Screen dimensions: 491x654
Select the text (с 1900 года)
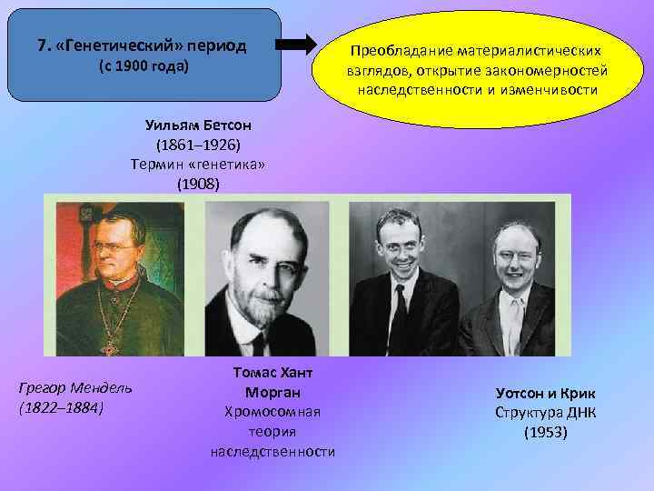click(x=143, y=68)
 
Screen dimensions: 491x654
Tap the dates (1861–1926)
click(x=198, y=145)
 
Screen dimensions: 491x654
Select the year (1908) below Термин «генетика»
click(x=198, y=184)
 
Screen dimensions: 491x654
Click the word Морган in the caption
click(x=272, y=392)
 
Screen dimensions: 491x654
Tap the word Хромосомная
click(x=272, y=411)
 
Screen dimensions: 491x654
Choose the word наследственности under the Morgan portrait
click(x=272, y=451)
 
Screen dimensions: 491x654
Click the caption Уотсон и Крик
click(x=545, y=393)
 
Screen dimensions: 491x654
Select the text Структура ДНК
click(x=545, y=412)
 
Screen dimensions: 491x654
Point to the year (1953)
click(x=545, y=432)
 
